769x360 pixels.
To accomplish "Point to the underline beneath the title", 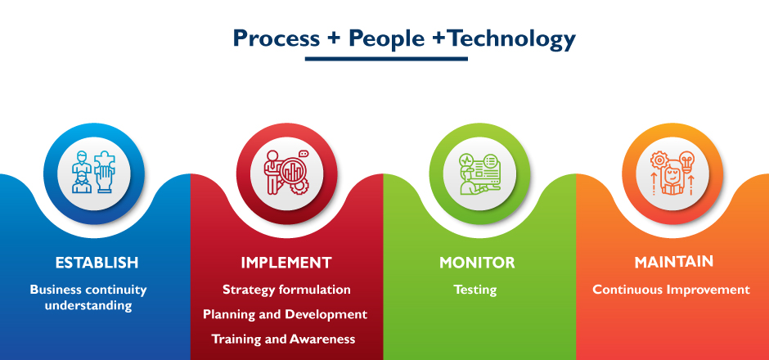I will coord(385,59).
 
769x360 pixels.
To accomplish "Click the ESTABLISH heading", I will coord(97,263).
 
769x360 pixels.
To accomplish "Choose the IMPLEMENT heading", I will coord(286,263).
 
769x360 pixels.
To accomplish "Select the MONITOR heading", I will coord(477,263).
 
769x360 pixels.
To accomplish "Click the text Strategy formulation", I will coord(286,290).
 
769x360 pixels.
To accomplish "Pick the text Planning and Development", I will coord(286,314).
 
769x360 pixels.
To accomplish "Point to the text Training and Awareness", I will coord(286,339).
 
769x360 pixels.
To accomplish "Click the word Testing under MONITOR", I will coord(476,290).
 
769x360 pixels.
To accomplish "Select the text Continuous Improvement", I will coord(671,290).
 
